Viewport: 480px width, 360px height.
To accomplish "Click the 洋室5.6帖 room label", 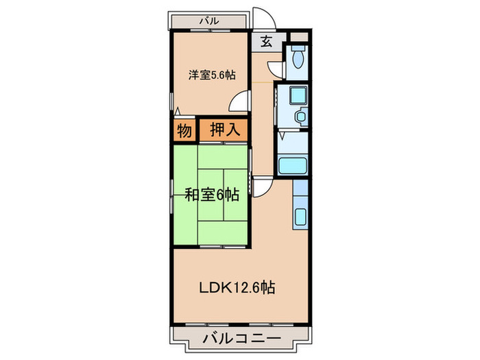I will (x=211, y=75).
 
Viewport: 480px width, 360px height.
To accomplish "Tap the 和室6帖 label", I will (x=211, y=195).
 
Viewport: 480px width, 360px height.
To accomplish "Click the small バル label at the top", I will (x=209, y=21).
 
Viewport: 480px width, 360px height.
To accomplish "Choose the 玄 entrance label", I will (x=267, y=41).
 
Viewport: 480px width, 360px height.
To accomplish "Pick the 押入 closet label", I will (x=224, y=130).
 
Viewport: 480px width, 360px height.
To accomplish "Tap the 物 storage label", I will (x=184, y=130).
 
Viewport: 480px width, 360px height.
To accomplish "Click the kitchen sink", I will (x=302, y=218).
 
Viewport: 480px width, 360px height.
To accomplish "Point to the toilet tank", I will (x=298, y=49).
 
